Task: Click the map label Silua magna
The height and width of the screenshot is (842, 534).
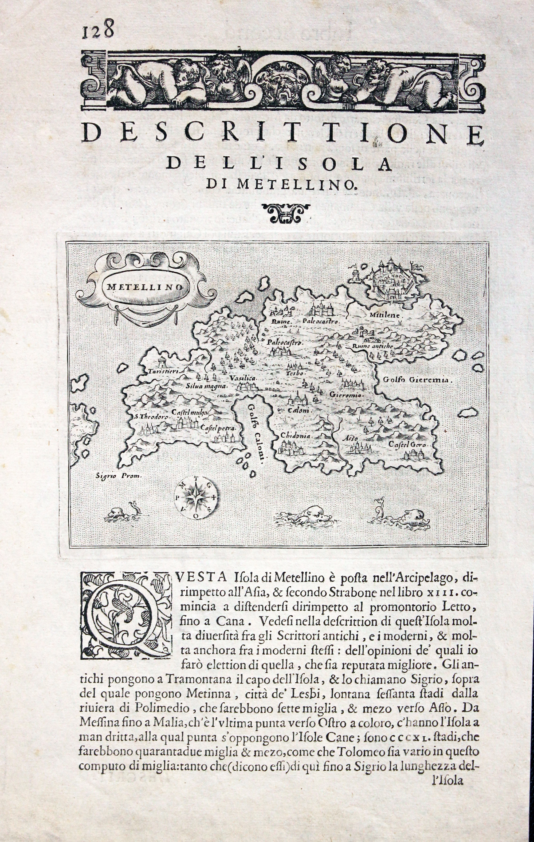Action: point(207,386)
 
